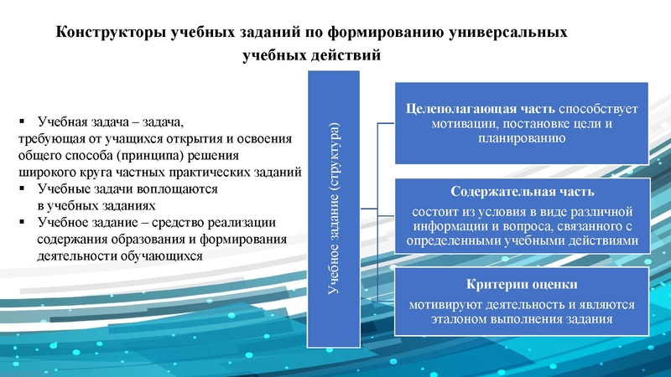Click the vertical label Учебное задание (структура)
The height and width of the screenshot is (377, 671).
pyautogui.click(x=333, y=209)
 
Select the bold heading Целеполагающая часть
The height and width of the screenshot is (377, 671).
pyautogui.click(x=480, y=108)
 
